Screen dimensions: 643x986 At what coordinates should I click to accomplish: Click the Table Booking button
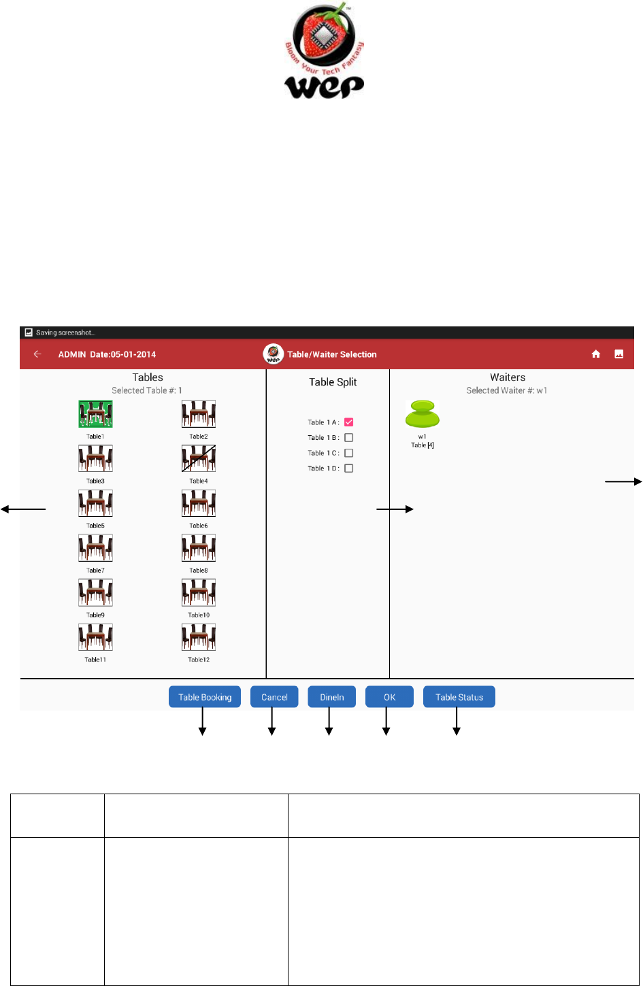coord(205,697)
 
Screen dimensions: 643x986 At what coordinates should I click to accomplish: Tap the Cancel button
coord(274,697)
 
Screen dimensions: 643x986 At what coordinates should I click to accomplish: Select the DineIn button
coord(332,697)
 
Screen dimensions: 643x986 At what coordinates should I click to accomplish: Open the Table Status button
coord(459,697)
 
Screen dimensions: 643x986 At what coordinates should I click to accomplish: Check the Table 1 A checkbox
coord(349,422)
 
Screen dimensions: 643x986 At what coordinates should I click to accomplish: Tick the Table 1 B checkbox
coord(349,438)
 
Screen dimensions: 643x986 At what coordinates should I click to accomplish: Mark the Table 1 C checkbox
coord(349,453)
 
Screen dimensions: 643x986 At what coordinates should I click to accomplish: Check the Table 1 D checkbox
coord(349,469)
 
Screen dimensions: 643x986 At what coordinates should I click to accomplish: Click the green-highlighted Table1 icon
coord(95,414)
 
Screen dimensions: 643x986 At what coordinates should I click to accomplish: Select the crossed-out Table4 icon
coord(199,459)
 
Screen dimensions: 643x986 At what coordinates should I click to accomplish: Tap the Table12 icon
coord(199,638)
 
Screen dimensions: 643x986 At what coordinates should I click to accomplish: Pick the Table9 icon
coord(95,593)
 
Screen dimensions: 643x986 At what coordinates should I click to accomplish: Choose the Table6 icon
coord(199,504)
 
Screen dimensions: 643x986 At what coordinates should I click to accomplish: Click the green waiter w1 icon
coord(423,414)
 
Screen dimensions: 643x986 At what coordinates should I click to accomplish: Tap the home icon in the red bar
coord(596,354)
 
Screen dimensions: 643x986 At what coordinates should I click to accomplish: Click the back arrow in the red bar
coord(37,354)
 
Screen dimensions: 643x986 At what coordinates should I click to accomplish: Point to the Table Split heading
coord(333,382)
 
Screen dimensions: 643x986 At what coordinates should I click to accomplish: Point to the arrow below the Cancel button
coord(271,722)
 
